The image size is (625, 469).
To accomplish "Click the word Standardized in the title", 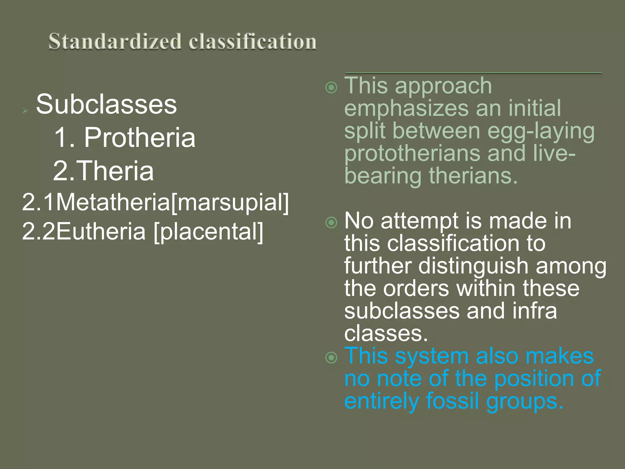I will (x=115, y=42).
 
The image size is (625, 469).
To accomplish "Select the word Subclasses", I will (x=106, y=104).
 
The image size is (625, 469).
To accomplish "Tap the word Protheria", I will (x=139, y=137).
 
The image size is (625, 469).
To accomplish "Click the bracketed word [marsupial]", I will (x=230, y=202).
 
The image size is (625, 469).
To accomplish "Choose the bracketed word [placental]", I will (x=208, y=231).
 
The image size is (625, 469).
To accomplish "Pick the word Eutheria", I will (x=101, y=231).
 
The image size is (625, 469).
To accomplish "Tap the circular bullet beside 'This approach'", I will (x=331, y=88).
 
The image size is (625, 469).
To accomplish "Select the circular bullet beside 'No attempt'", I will (x=331, y=223).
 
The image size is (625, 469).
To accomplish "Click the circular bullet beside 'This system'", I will (x=331, y=358).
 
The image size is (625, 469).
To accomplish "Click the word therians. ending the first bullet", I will (x=473, y=176).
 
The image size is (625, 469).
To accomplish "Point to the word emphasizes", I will (x=407, y=108).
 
